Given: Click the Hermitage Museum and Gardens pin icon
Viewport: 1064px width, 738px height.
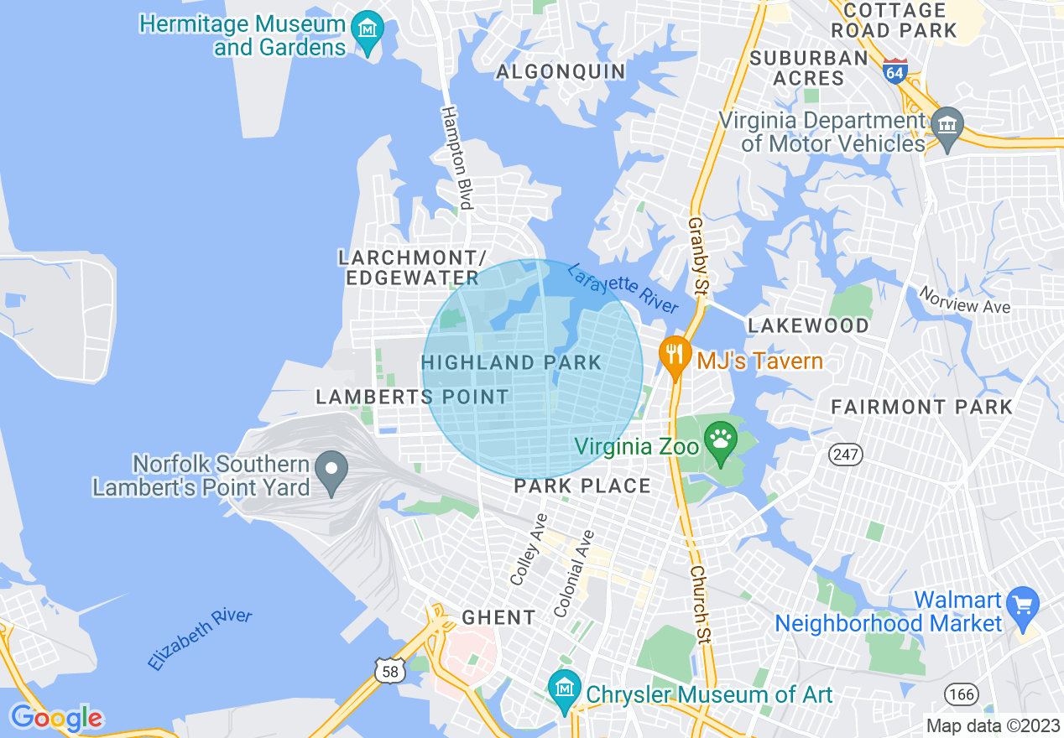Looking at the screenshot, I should click(x=367, y=31).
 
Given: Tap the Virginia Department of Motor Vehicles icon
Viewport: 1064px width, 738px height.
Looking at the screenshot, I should click(x=947, y=127).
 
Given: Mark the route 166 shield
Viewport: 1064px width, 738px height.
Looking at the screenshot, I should click(x=960, y=694).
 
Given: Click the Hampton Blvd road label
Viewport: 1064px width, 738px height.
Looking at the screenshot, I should click(x=457, y=158).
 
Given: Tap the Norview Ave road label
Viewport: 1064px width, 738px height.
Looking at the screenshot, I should click(x=964, y=300).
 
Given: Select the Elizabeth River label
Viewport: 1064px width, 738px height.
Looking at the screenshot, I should click(x=200, y=639).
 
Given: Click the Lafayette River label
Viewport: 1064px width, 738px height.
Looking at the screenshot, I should click(x=623, y=288).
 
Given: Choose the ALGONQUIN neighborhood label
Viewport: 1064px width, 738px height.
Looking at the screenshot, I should click(x=561, y=71).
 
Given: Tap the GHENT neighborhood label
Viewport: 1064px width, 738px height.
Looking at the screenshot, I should click(x=498, y=618).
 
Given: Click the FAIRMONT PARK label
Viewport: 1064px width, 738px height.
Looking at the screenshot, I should click(x=921, y=408).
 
